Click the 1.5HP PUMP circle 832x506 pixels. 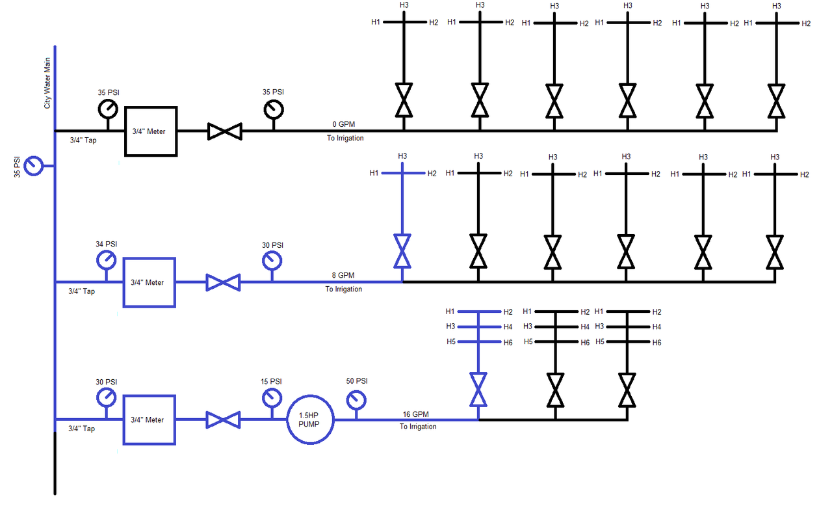(x=311, y=419)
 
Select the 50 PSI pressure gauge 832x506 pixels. (x=356, y=399)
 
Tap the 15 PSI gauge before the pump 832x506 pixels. (x=272, y=398)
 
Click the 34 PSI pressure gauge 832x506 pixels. (x=107, y=260)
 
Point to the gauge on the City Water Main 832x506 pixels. (x=32, y=166)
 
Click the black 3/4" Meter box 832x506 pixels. (x=151, y=131)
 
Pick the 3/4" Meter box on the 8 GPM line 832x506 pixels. (x=149, y=282)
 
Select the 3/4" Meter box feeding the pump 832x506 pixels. (x=149, y=419)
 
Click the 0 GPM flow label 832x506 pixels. (x=344, y=124)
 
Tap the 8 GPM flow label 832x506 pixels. (x=343, y=275)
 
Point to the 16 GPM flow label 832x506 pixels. (x=416, y=414)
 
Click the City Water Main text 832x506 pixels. (x=47, y=85)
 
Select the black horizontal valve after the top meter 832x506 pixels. (x=224, y=131)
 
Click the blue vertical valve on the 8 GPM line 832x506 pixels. (x=402, y=251)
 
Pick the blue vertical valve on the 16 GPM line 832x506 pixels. (x=479, y=389)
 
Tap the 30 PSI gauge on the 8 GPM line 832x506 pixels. (x=272, y=260)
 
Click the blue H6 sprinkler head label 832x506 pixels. (x=508, y=342)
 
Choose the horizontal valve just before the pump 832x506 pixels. (x=223, y=419)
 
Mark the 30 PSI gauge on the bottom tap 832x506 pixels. (x=107, y=398)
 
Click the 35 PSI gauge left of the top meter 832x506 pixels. (x=108, y=109)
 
